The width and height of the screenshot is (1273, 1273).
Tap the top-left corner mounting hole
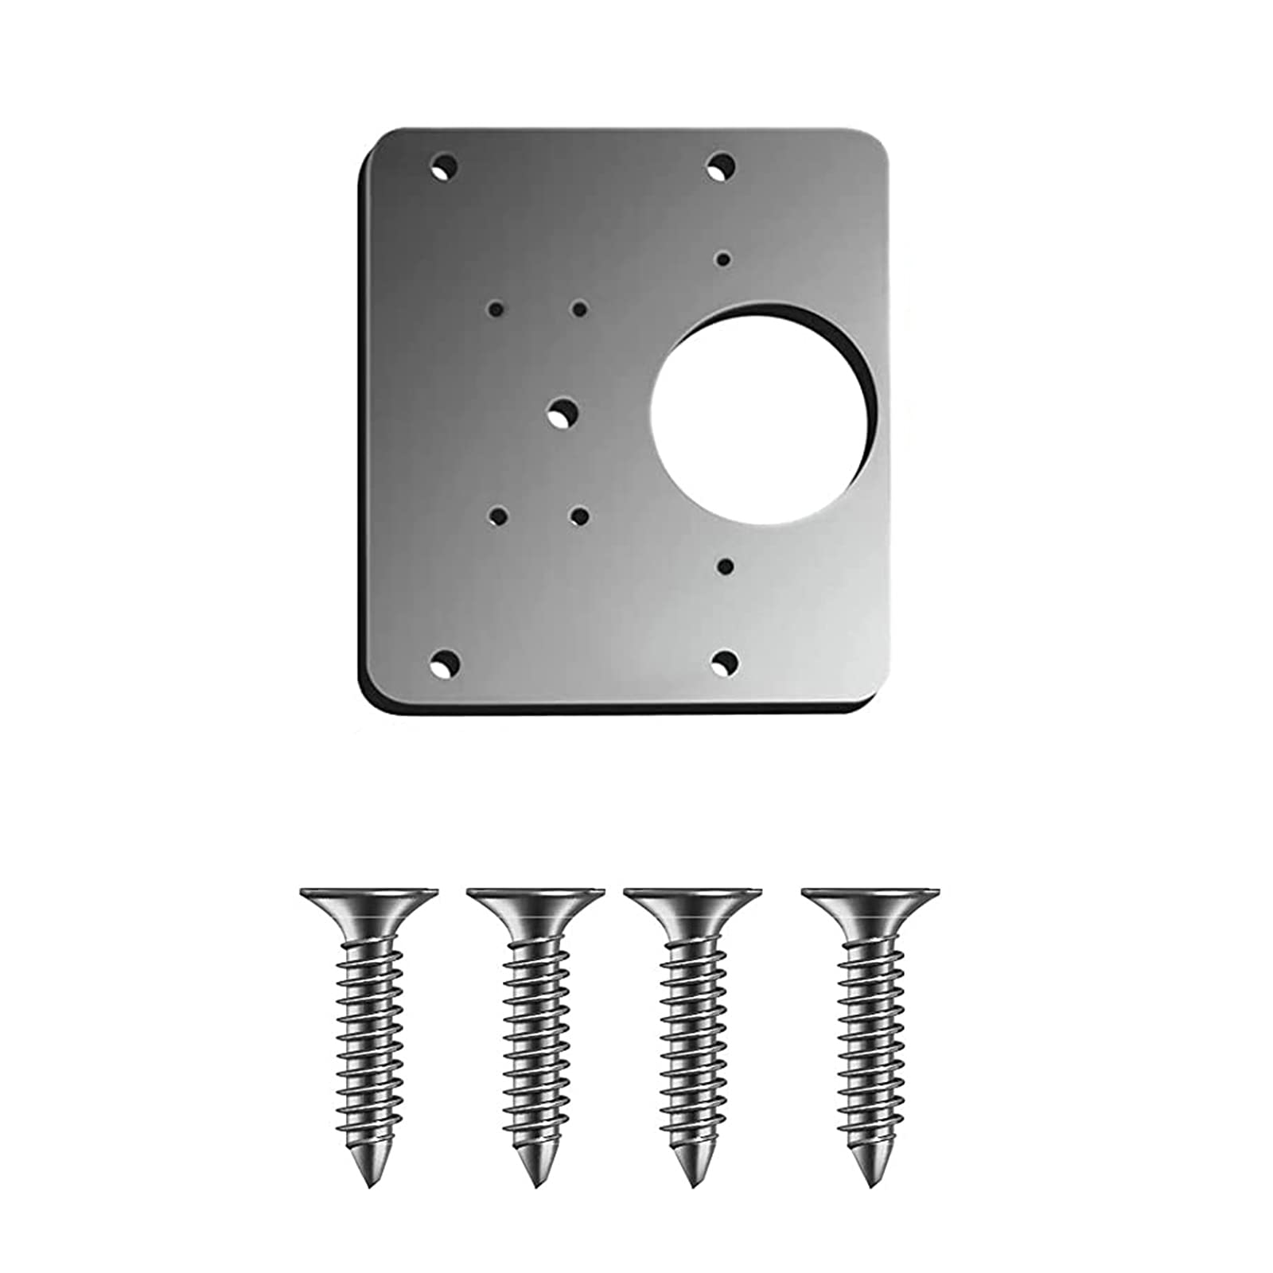444,168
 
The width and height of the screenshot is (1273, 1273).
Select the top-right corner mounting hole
721,166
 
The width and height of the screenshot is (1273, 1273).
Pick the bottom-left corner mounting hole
444,662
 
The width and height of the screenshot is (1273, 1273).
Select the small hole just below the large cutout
725,566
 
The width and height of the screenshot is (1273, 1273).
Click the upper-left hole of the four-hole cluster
497,308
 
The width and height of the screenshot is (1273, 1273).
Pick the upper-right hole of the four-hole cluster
580,309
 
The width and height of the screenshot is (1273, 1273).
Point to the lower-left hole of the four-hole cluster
498,516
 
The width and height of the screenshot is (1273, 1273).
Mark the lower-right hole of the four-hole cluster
580,517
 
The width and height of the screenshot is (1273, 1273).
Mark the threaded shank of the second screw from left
535,1034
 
